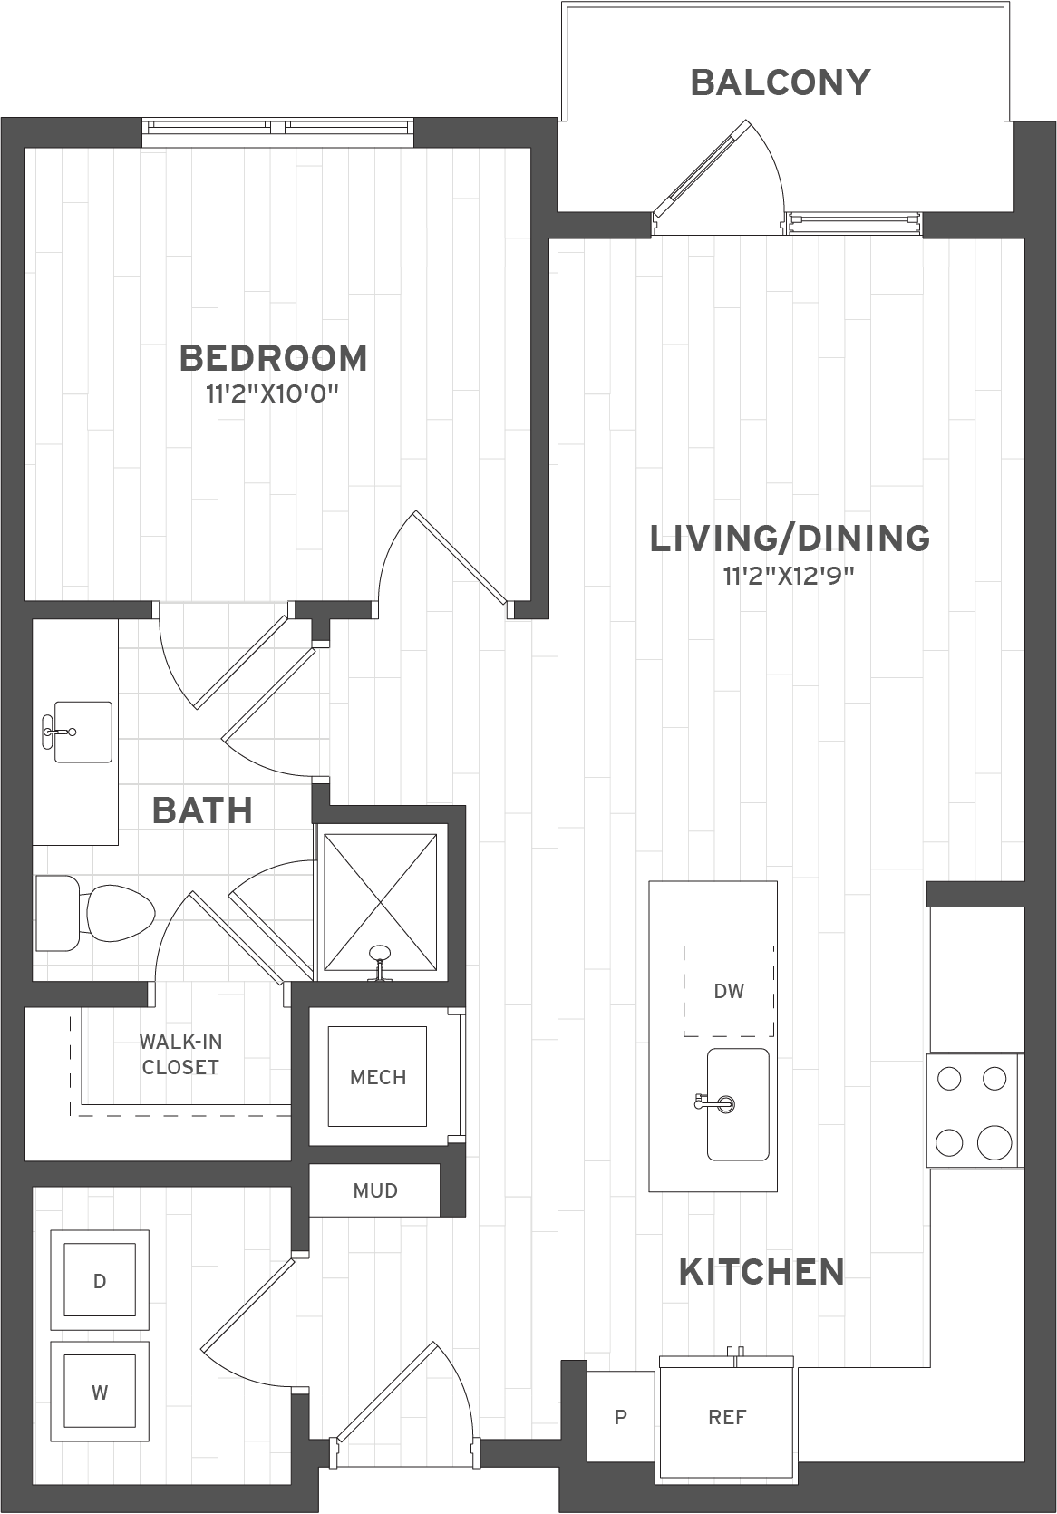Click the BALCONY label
[x=780, y=82]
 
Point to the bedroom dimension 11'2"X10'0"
[x=272, y=394]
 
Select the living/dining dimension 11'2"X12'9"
[x=789, y=576]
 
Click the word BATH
[x=203, y=810]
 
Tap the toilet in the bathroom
[x=95, y=912]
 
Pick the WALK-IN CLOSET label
[x=179, y=1054]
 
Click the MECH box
[x=377, y=1077]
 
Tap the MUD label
[x=375, y=1190]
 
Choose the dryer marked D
[x=100, y=1281]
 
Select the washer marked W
[x=100, y=1393]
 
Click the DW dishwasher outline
[x=729, y=991]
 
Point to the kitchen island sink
[x=738, y=1104]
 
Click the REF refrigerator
[x=726, y=1415]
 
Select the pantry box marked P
[x=620, y=1416]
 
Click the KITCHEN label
[x=761, y=1273]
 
